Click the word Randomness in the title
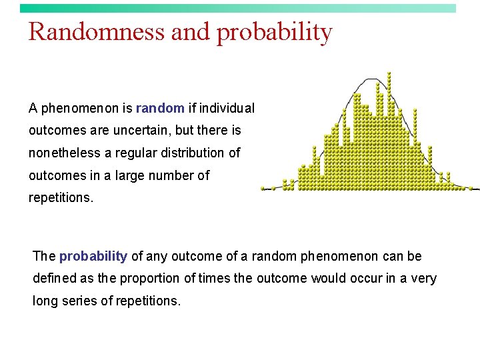[x=97, y=31]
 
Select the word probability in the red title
[x=274, y=32]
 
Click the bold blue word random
[x=160, y=107]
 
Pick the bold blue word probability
[x=93, y=256]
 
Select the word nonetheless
[x=65, y=153]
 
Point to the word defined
[x=54, y=278]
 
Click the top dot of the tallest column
[x=389, y=73]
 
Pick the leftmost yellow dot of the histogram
[x=263, y=188]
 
